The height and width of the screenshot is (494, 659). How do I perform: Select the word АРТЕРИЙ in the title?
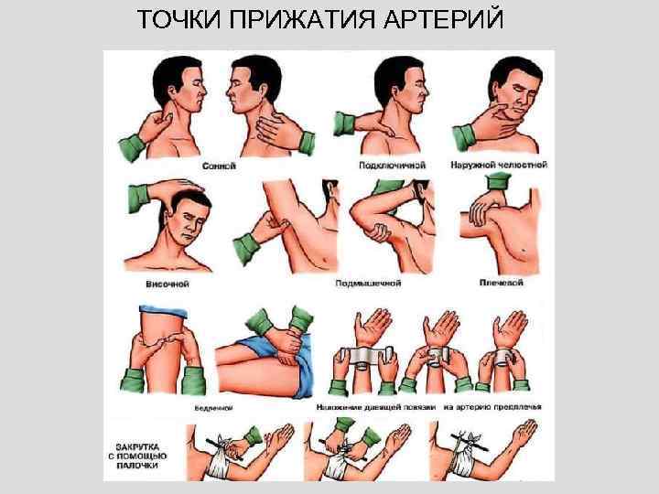pyautogui.click(x=456, y=19)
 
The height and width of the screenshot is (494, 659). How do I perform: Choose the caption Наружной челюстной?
pyautogui.click(x=499, y=166)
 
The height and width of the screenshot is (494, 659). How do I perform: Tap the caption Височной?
pyautogui.click(x=167, y=285)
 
